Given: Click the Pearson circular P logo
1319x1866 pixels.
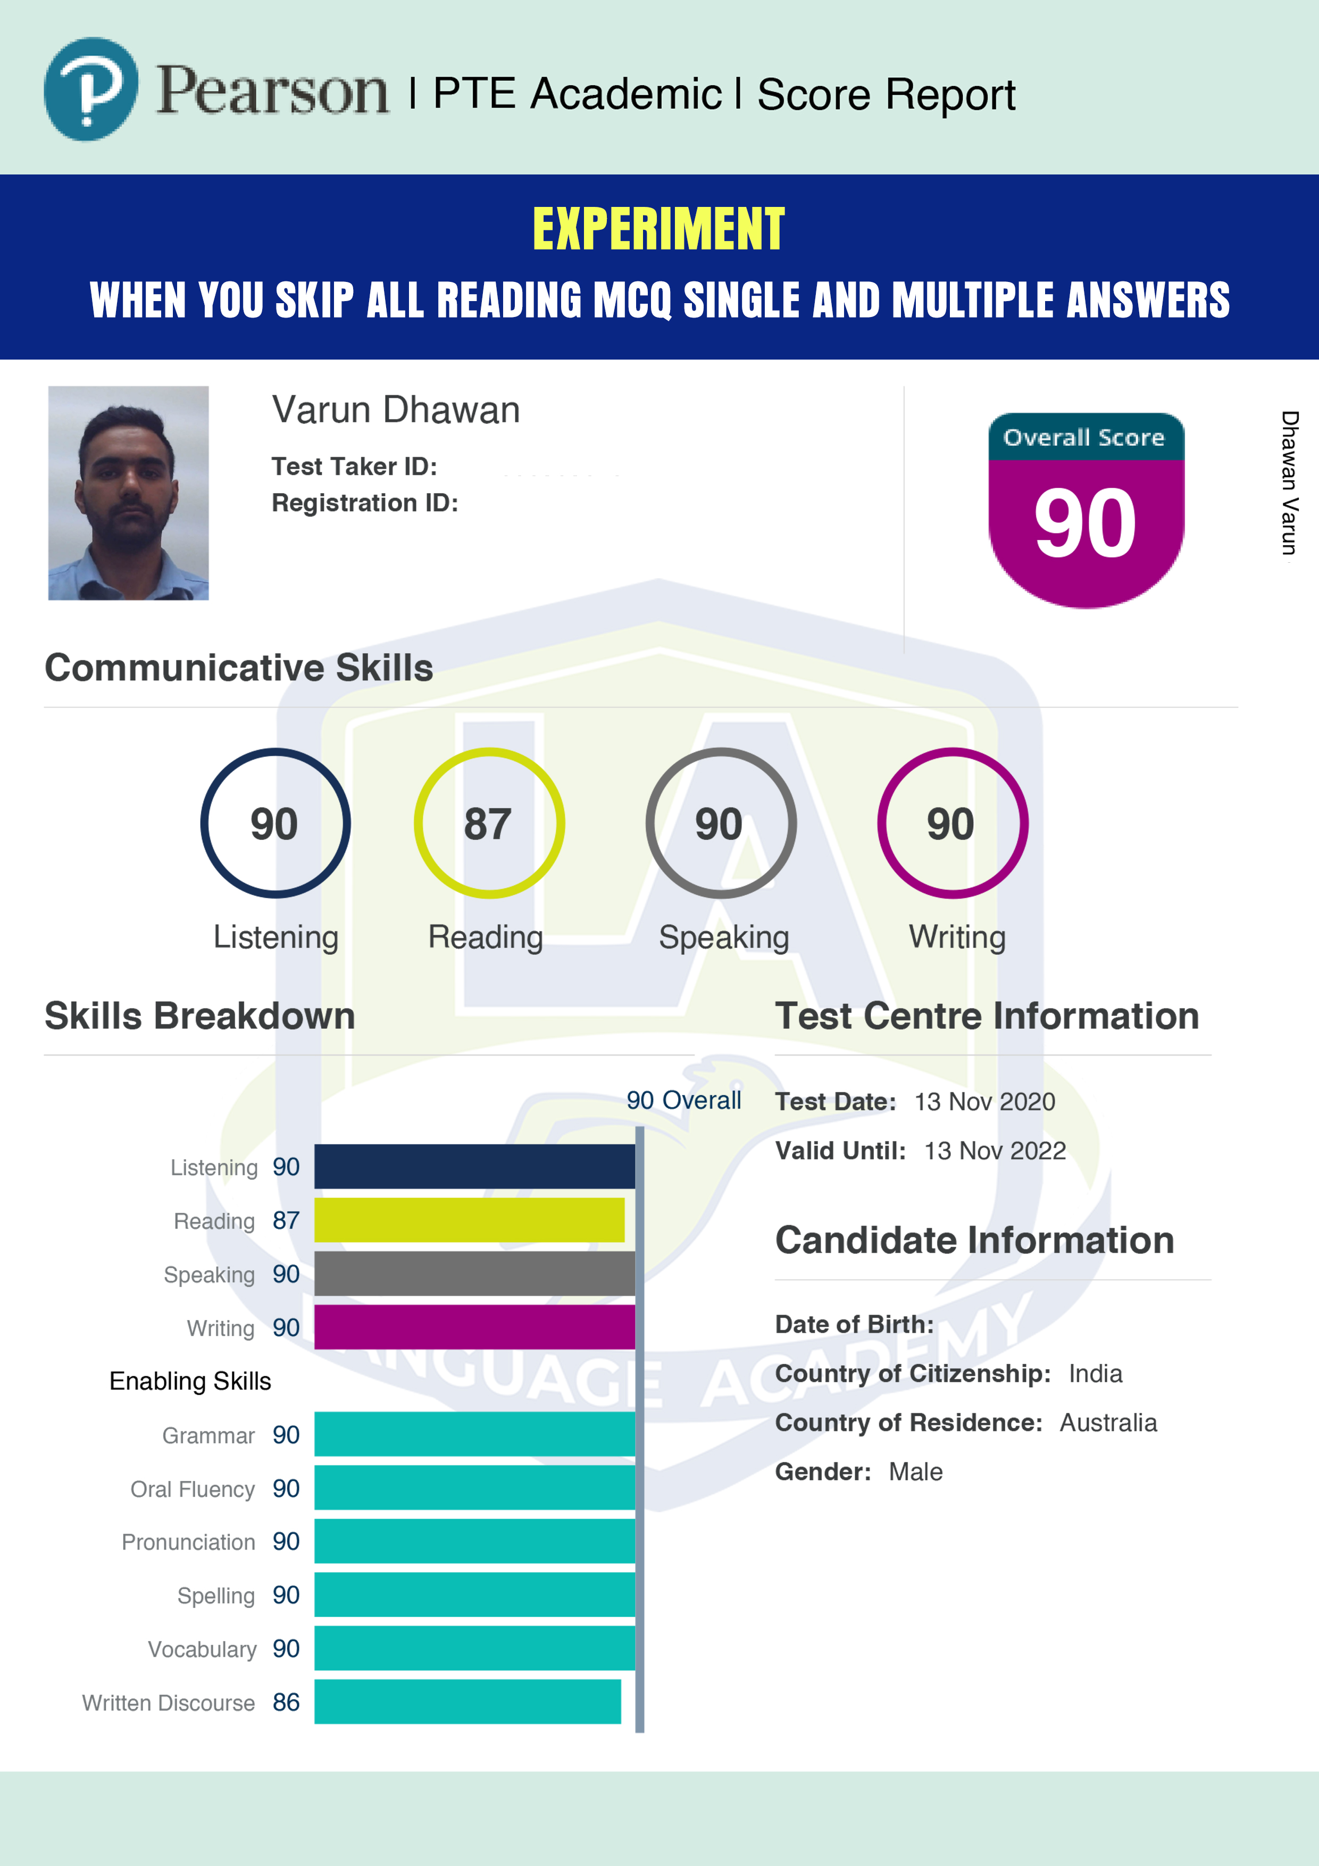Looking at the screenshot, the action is pyautogui.click(x=91, y=89).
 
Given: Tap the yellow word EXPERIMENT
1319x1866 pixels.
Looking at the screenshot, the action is pyautogui.click(x=658, y=229).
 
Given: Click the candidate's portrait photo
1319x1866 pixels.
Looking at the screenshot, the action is pyautogui.click(x=128, y=493).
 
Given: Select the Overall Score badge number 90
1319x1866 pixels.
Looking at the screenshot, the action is pyautogui.click(x=1085, y=523).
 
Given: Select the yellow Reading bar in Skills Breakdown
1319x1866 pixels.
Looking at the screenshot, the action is pyautogui.click(x=470, y=1219).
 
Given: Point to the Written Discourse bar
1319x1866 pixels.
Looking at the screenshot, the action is pyautogui.click(x=468, y=1701).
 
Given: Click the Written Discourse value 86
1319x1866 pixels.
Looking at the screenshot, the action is pyautogui.click(x=286, y=1702).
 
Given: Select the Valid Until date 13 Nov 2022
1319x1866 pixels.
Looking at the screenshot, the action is pyautogui.click(x=995, y=1151).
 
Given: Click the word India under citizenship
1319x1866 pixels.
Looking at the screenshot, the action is pyautogui.click(x=1096, y=1373).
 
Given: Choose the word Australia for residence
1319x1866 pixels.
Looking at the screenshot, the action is pyautogui.click(x=1108, y=1422).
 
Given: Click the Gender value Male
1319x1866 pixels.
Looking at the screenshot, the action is pyautogui.click(x=916, y=1472).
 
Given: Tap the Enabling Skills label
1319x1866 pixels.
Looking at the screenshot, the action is pyautogui.click(x=190, y=1381).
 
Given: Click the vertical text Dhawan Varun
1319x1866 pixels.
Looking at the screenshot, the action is pyautogui.click(x=1289, y=483).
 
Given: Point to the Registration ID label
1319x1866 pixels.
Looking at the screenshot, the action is pyautogui.click(x=365, y=503).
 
